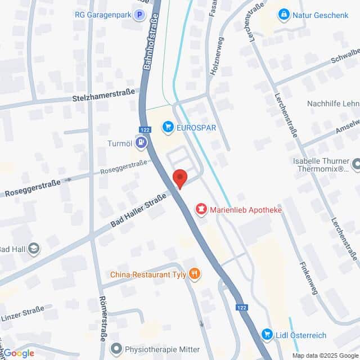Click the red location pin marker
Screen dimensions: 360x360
click(x=179, y=178)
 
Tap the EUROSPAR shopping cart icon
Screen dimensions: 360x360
click(x=168, y=128)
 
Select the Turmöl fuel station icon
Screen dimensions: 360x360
click(x=141, y=143)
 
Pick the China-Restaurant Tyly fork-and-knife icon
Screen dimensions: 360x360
click(x=195, y=274)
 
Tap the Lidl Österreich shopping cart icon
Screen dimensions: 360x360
click(x=268, y=335)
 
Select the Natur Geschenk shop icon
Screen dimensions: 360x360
click(x=284, y=15)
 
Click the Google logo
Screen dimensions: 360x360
click(x=19, y=353)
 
